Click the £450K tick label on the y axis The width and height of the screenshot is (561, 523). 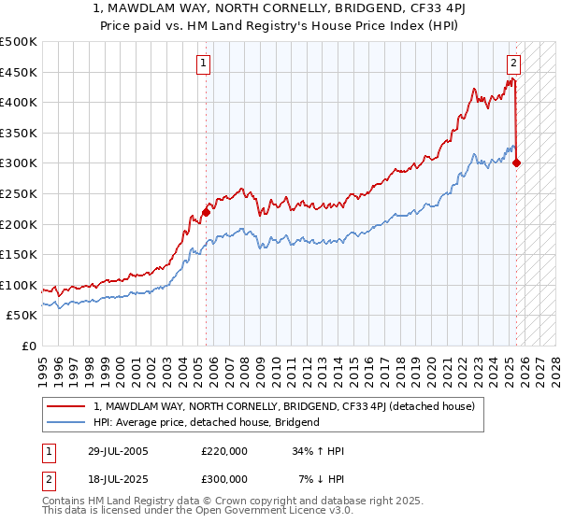19,72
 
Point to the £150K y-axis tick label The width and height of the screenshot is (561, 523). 19,254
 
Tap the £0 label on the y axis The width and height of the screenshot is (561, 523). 28,346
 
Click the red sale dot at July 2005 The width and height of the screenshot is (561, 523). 206,212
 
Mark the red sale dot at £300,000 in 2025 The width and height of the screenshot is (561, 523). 517,163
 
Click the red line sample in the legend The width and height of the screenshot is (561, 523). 67,406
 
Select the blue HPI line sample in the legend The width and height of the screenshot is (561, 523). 67,422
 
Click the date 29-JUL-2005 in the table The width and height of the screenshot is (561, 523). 116,451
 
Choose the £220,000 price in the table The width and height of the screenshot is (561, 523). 224,451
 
